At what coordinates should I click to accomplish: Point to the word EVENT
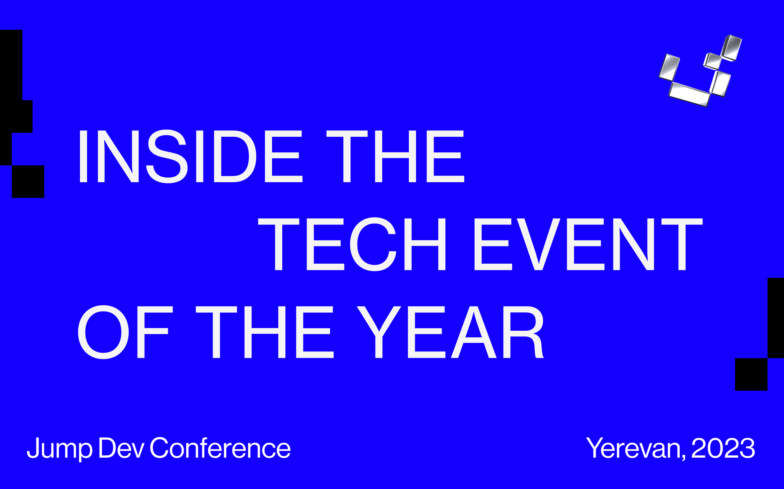(588, 244)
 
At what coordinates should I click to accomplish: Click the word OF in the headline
(123, 332)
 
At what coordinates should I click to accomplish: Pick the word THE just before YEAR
(265, 332)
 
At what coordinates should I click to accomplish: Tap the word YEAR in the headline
(450, 332)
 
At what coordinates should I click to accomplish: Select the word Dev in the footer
(121, 448)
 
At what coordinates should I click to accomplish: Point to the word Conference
(220, 448)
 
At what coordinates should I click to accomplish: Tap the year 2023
(723, 448)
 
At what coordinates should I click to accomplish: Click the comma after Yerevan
(684, 457)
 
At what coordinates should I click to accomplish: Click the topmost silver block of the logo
(731, 48)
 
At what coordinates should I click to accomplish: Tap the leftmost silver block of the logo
(669, 67)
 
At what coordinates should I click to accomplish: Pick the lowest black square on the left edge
(28, 181)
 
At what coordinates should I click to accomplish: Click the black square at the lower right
(751, 374)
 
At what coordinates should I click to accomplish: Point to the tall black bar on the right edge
(776, 318)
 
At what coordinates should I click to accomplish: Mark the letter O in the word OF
(104, 332)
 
